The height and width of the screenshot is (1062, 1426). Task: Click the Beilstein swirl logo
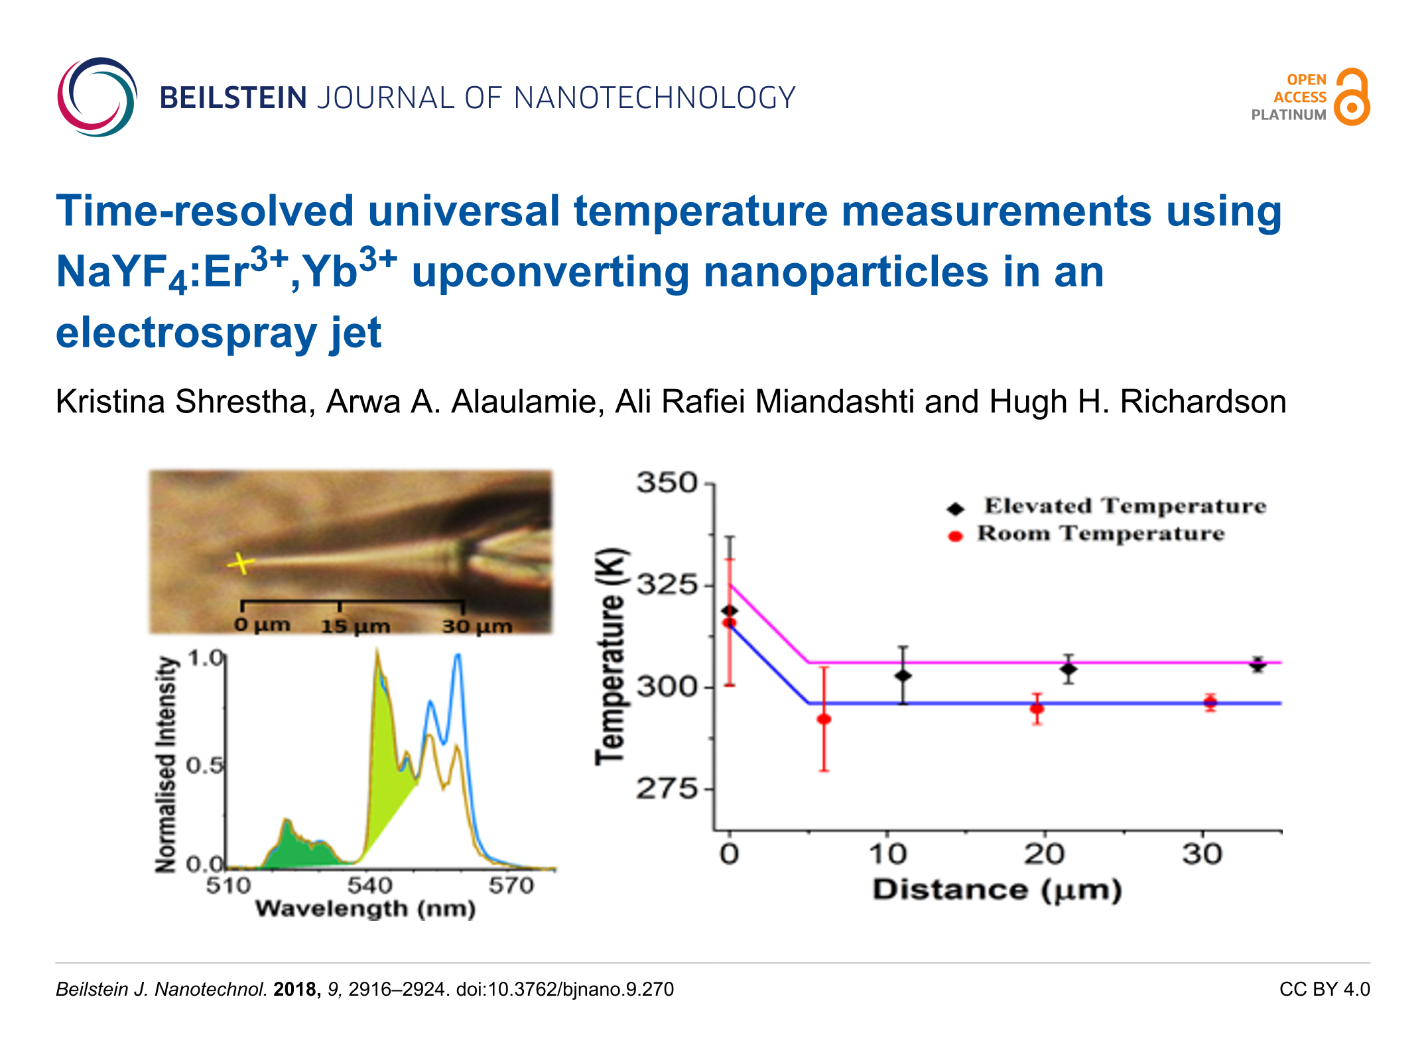(97, 97)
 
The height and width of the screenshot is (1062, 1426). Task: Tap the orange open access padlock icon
(1352, 97)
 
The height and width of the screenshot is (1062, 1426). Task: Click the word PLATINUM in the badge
(1288, 115)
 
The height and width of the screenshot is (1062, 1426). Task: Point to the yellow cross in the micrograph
(241, 563)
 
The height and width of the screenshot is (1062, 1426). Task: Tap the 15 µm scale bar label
(355, 626)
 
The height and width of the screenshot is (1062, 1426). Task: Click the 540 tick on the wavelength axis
(369, 886)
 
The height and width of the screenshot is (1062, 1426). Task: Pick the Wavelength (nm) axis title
(365, 909)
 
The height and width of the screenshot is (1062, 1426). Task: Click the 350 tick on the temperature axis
(667, 483)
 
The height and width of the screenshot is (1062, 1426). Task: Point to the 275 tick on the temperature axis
(667, 789)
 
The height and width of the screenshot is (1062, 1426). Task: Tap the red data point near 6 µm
(824, 719)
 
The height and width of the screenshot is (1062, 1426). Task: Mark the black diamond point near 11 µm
(903, 676)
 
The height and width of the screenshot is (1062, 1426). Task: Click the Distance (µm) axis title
(996, 890)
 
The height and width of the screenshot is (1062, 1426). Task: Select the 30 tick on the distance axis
(1202, 855)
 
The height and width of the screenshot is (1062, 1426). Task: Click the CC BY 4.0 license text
(1324, 989)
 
